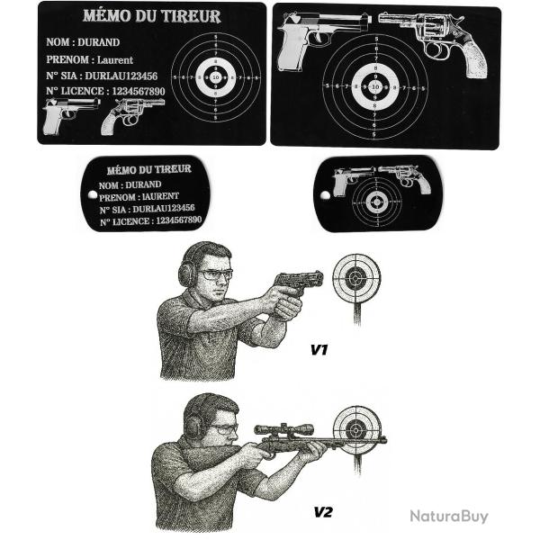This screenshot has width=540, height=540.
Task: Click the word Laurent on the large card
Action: click(115, 59)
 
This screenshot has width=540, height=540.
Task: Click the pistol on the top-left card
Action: click(71, 114)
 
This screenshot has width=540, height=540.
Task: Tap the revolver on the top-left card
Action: click(134, 114)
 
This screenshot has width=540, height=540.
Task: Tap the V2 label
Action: click(323, 512)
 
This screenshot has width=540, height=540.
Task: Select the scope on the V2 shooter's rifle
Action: click(283, 429)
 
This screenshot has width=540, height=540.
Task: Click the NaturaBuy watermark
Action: click(448, 516)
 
